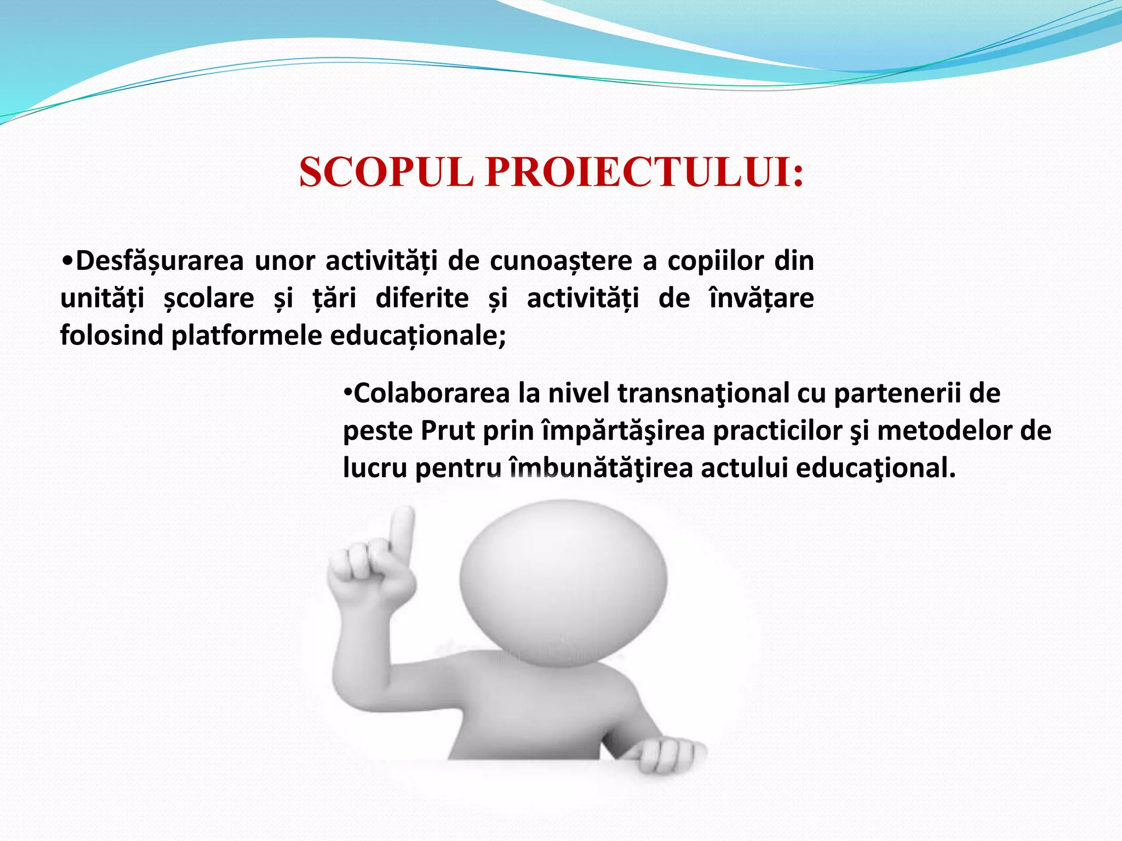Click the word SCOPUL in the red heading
[386, 172]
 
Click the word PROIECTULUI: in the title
[645, 172]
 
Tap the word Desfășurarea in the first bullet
[159, 261]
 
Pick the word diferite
[422, 299]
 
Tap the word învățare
[762, 299]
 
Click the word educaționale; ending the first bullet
[418, 336]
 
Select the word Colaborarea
[432, 394]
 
